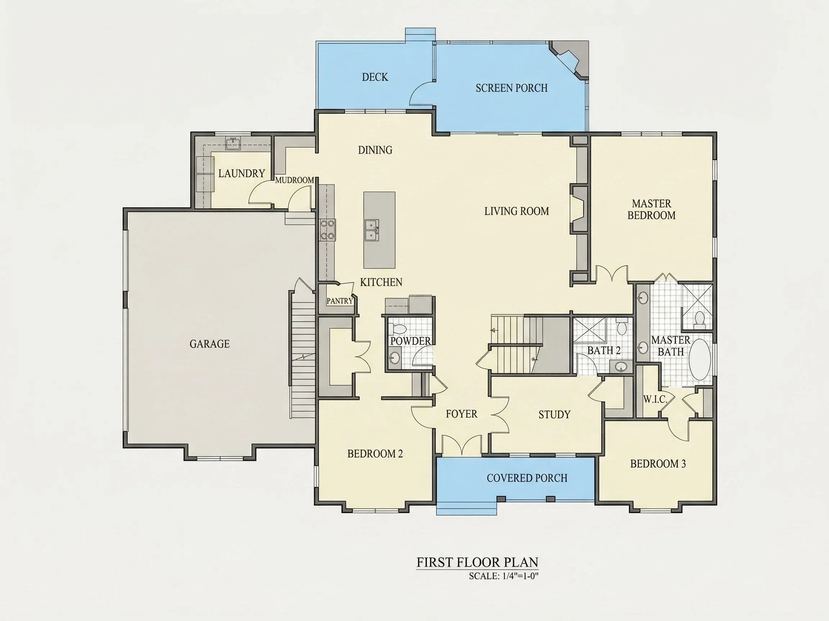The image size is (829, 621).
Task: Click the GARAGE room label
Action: [x=209, y=344]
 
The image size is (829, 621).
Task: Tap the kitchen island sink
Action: [x=372, y=230]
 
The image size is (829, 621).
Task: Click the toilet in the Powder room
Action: [x=398, y=329]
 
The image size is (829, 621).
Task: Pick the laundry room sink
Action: [x=233, y=143]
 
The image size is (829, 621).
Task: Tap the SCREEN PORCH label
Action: [x=512, y=88]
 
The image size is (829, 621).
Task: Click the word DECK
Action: [x=375, y=77]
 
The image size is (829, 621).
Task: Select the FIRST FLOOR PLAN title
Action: [x=477, y=562]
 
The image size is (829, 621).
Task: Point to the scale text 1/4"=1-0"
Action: [x=521, y=576]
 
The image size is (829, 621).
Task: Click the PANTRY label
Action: [x=340, y=301]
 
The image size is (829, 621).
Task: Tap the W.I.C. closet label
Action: [x=655, y=399]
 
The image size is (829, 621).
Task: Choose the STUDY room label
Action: [x=554, y=414]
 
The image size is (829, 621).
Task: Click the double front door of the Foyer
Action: [x=462, y=445]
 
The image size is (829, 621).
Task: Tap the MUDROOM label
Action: [x=295, y=180]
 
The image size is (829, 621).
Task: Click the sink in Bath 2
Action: [x=621, y=367]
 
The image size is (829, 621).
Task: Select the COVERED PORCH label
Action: [x=527, y=478]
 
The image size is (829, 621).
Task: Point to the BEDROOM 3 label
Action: [x=658, y=464]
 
